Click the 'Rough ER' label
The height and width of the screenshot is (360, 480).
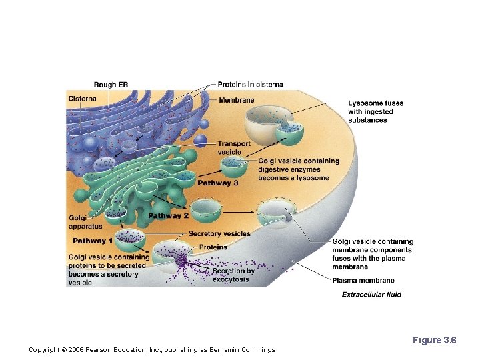pos(111,85)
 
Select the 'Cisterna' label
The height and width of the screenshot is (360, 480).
pos(82,99)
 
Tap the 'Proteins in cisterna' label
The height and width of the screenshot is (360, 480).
pos(250,85)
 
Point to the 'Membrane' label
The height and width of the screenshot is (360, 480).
pos(236,100)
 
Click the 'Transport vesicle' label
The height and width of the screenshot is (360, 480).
pos(234,147)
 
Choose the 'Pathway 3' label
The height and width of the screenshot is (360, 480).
pos(218,183)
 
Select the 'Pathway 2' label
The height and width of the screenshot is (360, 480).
pos(168,215)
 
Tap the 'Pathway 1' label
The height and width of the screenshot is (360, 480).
pos(93,241)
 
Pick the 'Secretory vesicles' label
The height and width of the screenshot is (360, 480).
pos(219,234)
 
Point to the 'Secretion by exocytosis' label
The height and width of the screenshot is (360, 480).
pos(233,275)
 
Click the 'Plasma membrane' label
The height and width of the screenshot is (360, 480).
pos(363,281)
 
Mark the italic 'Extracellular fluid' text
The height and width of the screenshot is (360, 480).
pos(371,295)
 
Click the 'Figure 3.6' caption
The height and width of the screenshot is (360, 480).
pos(434,341)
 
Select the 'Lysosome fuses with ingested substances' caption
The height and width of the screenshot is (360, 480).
pos(375,111)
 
